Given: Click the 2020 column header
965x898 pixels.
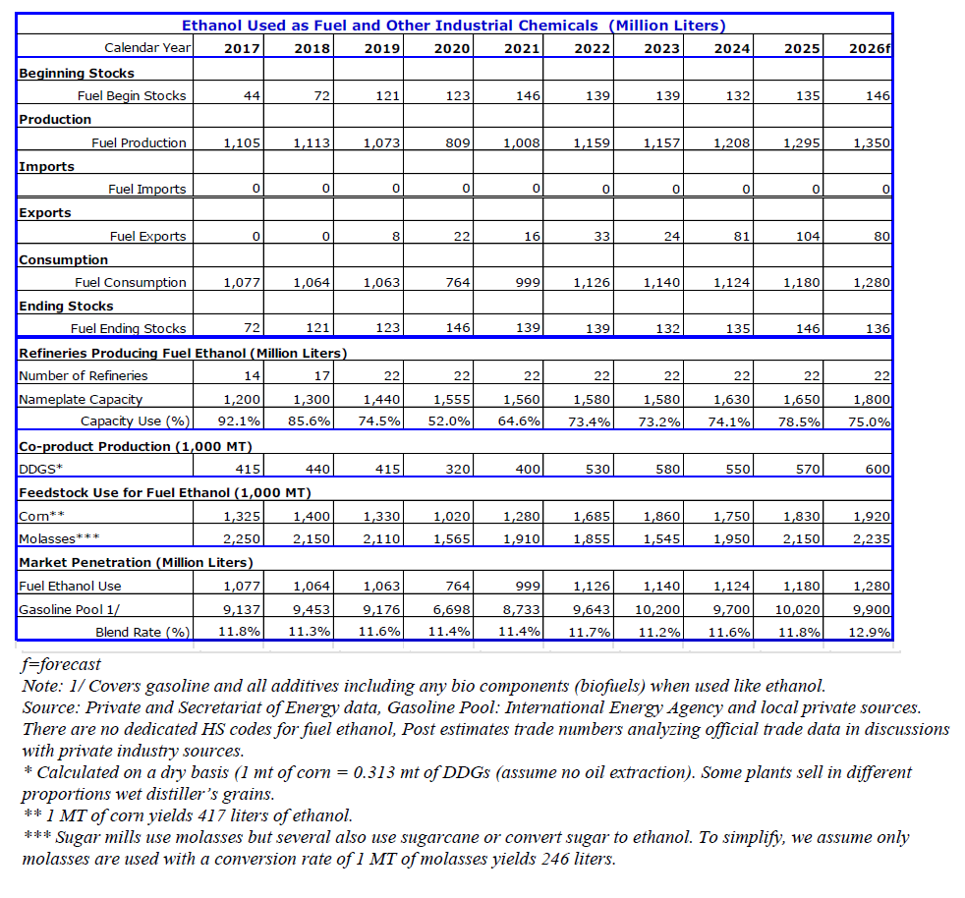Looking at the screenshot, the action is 452,48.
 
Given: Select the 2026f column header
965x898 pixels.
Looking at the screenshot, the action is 869,48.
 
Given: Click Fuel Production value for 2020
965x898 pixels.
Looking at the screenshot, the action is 458,142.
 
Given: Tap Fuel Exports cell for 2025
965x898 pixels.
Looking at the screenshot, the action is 808,237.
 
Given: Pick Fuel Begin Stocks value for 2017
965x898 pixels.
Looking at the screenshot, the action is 252,96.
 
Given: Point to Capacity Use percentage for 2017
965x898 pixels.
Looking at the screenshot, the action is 240,421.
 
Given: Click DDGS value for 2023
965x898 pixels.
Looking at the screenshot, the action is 668,469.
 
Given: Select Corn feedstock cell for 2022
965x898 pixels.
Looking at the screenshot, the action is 592,517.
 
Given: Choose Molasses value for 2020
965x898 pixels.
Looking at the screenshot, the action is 452,539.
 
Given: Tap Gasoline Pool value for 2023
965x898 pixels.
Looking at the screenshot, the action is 657,610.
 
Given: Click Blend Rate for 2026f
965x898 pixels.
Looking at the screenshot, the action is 869,632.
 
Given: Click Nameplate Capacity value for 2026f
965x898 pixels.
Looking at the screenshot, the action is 872,400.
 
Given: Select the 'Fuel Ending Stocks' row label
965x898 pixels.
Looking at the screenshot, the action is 128,329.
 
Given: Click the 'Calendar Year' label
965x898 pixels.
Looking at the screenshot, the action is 147,48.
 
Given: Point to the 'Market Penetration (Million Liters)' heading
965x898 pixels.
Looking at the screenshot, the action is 136,563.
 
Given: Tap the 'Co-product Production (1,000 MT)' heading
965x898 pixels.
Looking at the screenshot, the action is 136,447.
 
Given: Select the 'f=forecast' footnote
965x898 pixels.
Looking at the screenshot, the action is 61,665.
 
